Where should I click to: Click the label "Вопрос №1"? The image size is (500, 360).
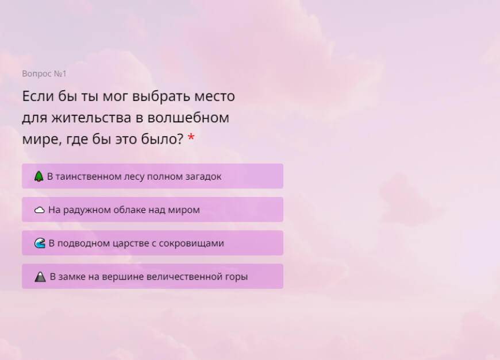pyautogui.click(x=44, y=73)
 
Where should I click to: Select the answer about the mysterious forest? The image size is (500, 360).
pyautogui.click(x=152, y=176)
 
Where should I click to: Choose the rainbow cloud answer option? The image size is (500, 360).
pyautogui.click(x=152, y=210)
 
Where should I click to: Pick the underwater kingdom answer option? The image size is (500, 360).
pyautogui.click(x=152, y=243)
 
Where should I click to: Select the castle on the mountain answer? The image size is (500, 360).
pyautogui.click(x=152, y=276)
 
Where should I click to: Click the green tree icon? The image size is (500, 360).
pyautogui.click(x=39, y=176)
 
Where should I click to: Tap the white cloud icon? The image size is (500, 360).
pyautogui.click(x=40, y=210)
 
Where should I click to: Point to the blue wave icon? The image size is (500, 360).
pyautogui.click(x=40, y=243)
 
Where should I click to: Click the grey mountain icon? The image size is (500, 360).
pyautogui.click(x=40, y=277)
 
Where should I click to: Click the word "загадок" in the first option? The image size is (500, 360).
pyautogui.click(x=202, y=176)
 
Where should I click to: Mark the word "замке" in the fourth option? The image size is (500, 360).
pyautogui.click(x=71, y=276)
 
